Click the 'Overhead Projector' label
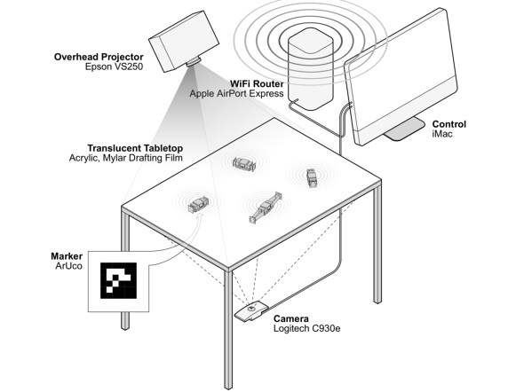pyautogui.click(x=99, y=57)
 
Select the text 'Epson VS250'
pyautogui.click(x=114, y=67)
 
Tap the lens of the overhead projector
pyautogui.click(x=194, y=61)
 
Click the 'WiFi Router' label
pyautogui.click(x=257, y=83)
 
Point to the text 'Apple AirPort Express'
pyautogui.click(x=236, y=93)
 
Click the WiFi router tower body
pyautogui.click(x=311, y=69)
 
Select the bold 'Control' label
pyautogui.click(x=449, y=124)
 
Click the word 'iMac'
pyautogui.click(x=442, y=134)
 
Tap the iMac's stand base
pyautogui.click(x=404, y=129)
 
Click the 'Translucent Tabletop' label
pyautogui.click(x=135, y=148)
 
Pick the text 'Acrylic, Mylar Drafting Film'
pyautogui.click(x=126, y=158)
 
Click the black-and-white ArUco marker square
pyautogui.click(x=119, y=280)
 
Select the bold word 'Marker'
pyautogui.click(x=67, y=256)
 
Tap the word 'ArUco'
pyautogui.click(x=69, y=266)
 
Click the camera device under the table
pyautogui.click(x=251, y=311)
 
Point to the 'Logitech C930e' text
pyautogui.click(x=307, y=329)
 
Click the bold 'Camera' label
pyautogui.click(x=291, y=319)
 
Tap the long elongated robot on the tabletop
pyautogui.click(x=266, y=208)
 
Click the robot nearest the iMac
pyautogui.click(x=312, y=178)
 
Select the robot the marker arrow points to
pyautogui.click(x=198, y=205)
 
